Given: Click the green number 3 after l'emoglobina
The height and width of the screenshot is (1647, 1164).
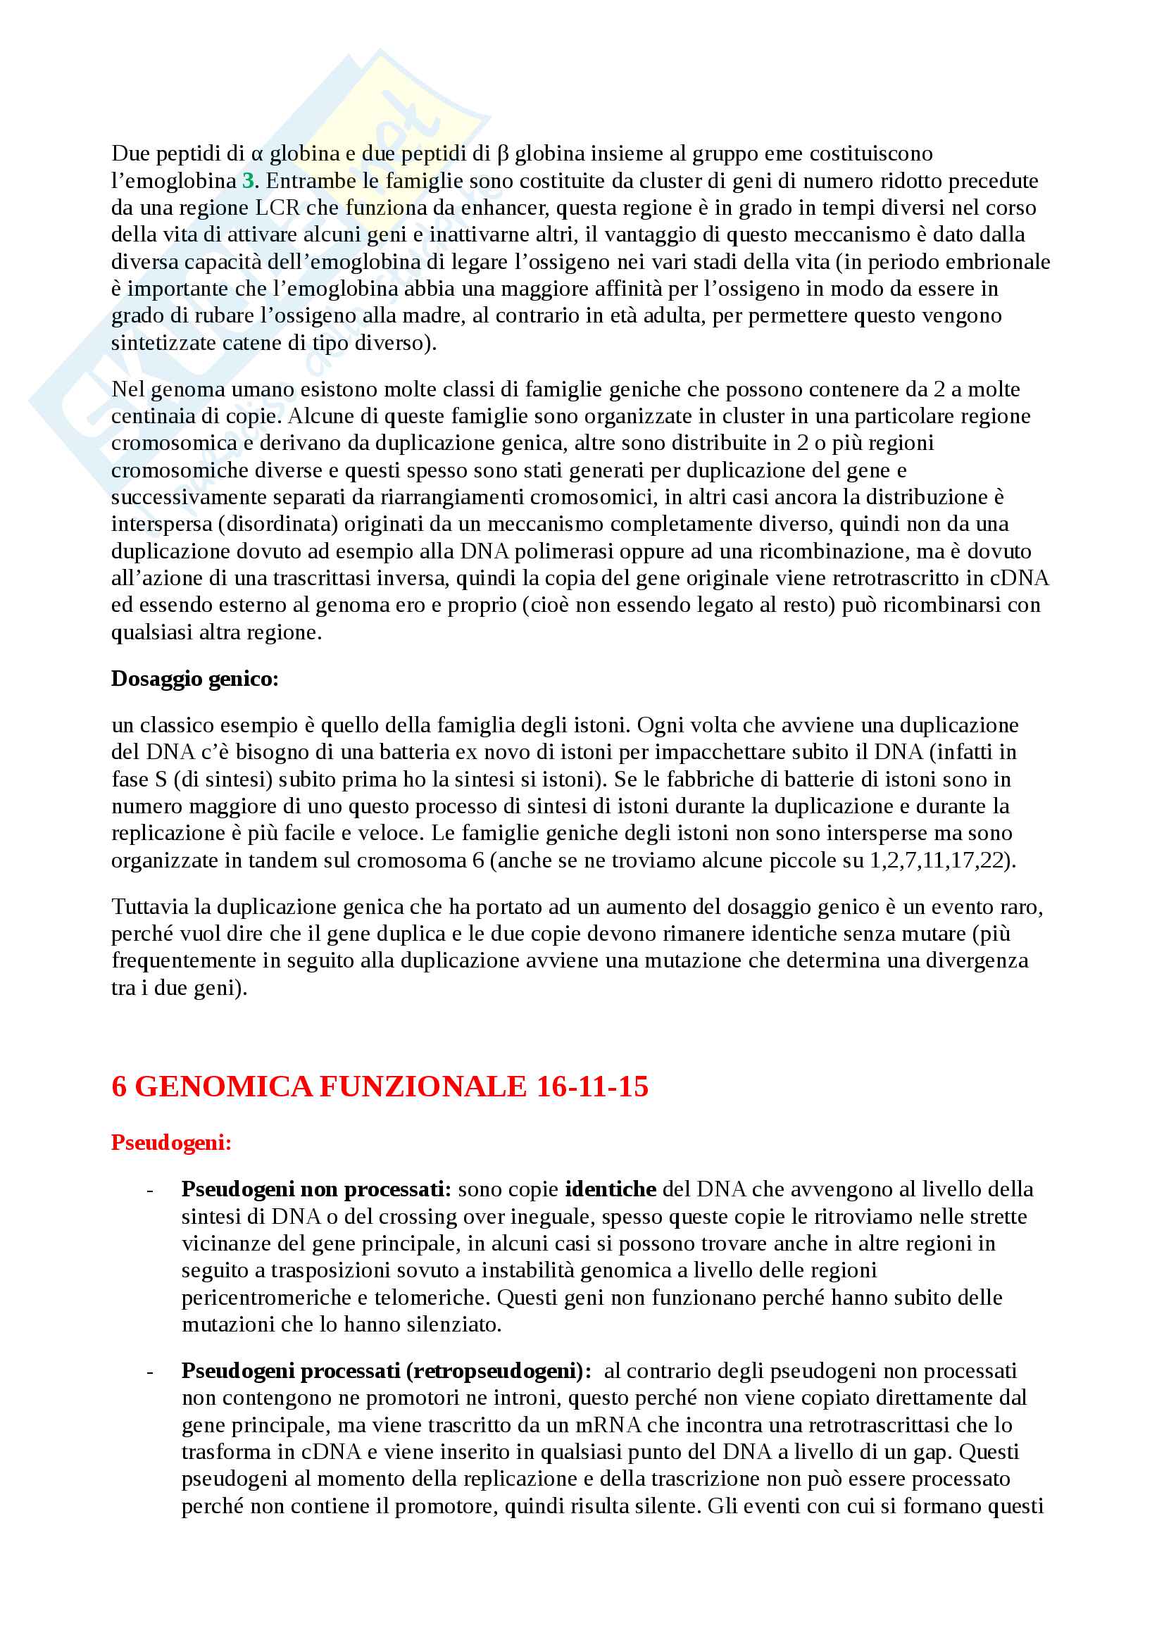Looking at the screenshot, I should tap(248, 181).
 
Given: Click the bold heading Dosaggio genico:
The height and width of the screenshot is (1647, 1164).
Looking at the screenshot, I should tap(194, 679).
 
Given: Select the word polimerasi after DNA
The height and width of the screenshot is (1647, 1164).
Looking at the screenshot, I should tap(558, 551).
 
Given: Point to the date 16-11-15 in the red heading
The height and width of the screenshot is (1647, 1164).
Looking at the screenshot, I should tap(592, 1086).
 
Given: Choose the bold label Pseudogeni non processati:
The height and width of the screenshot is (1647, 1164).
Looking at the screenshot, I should tap(315, 1189).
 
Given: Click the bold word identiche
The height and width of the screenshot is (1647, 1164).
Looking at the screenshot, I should tap(611, 1189).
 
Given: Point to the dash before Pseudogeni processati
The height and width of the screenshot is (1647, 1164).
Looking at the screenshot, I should tap(150, 1372).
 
